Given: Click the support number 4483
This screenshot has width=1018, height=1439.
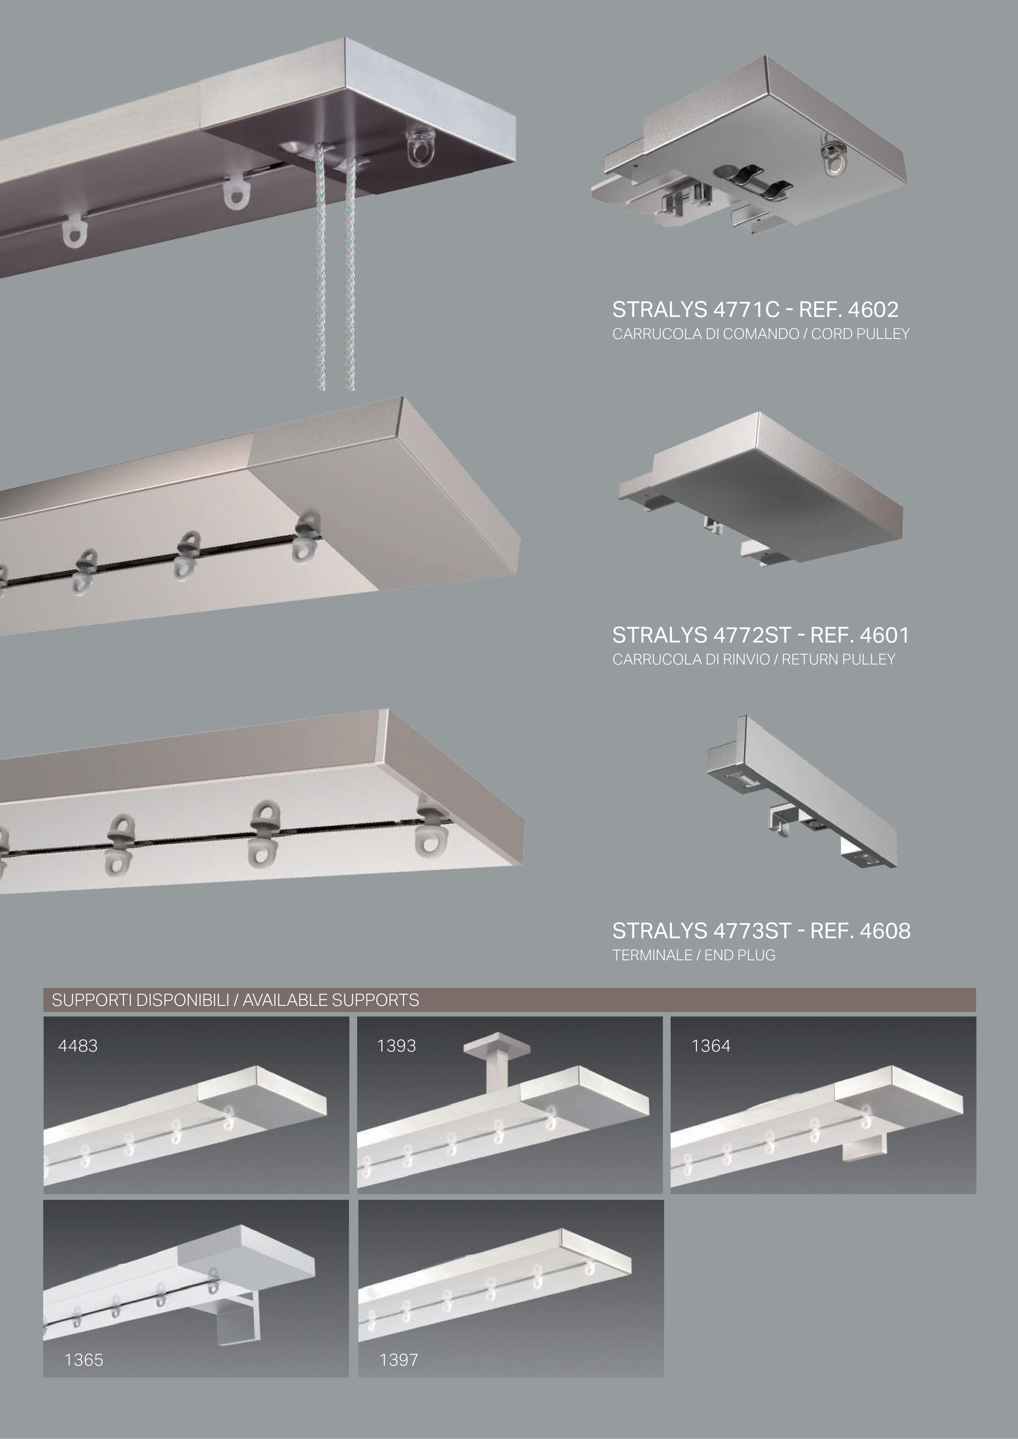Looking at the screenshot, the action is point(78,1045).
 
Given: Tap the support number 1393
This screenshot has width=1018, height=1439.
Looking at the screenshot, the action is point(396,1045).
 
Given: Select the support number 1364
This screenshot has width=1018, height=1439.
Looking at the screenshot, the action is point(711,1045).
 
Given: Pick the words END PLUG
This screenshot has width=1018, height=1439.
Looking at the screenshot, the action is point(740,955).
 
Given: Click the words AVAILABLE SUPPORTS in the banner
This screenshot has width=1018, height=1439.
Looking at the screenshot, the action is point(331,1000).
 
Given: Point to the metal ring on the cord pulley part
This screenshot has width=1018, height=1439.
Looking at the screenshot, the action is point(833,158).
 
